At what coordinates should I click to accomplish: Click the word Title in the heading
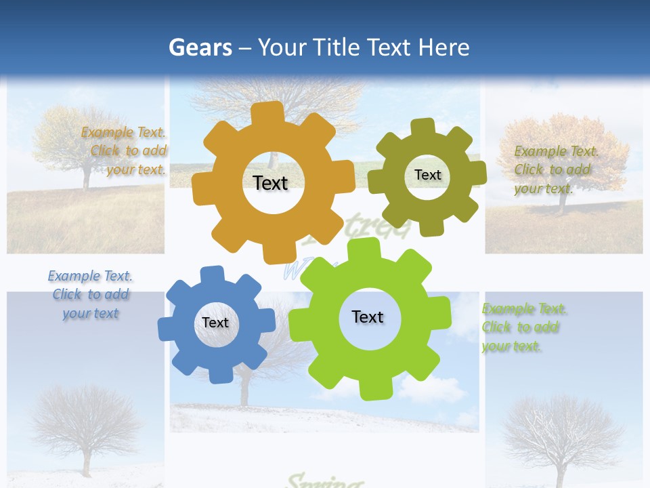point(337,47)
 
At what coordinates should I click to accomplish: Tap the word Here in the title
point(443,47)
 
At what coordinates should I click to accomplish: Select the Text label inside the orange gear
point(270,183)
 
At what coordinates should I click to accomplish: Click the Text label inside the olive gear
point(427,175)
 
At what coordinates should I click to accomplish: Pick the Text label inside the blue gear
point(215,323)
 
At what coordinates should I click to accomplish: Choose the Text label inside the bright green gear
point(368,317)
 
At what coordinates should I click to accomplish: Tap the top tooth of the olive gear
point(424,127)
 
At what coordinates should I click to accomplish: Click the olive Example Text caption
point(556,169)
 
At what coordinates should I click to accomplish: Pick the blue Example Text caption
point(91,295)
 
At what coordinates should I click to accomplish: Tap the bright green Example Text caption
point(524,327)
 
